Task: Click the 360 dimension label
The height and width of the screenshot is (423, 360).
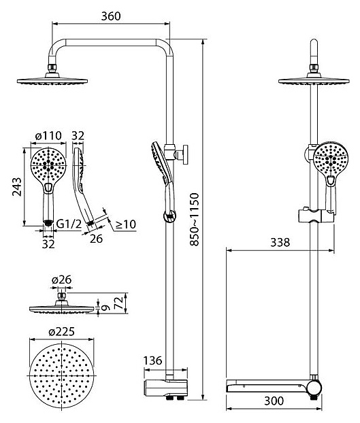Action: (x=111, y=16)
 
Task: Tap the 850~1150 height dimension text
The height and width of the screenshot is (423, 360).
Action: (x=194, y=220)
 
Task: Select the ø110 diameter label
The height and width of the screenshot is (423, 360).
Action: (x=48, y=135)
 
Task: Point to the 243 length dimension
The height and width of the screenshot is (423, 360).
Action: (x=17, y=187)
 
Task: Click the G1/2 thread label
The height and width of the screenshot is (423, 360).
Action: (x=69, y=223)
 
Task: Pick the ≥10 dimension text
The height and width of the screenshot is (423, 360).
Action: (x=125, y=224)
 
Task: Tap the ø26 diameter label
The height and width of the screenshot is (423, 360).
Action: (x=61, y=280)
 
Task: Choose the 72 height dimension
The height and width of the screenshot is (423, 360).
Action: (x=119, y=303)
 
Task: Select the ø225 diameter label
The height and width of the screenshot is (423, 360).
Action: (x=61, y=332)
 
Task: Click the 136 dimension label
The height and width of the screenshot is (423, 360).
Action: (x=152, y=360)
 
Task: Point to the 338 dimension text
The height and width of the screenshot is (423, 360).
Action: (x=280, y=243)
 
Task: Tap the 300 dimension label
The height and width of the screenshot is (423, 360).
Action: (x=274, y=401)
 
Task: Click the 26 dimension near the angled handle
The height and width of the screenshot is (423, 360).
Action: (x=96, y=239)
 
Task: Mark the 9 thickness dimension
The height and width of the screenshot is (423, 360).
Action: (x=106, y=307)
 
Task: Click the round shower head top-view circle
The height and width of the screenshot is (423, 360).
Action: (x=62, y=375)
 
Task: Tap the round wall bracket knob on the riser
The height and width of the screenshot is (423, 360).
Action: (x=185, y=154)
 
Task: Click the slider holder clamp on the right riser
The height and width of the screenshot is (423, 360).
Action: (x=316, y=216)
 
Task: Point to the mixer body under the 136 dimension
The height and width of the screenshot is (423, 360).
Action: (x=165, y=388)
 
